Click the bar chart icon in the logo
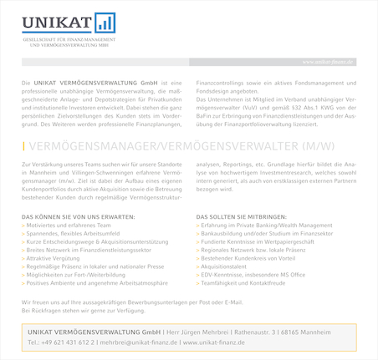(105, 23)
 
